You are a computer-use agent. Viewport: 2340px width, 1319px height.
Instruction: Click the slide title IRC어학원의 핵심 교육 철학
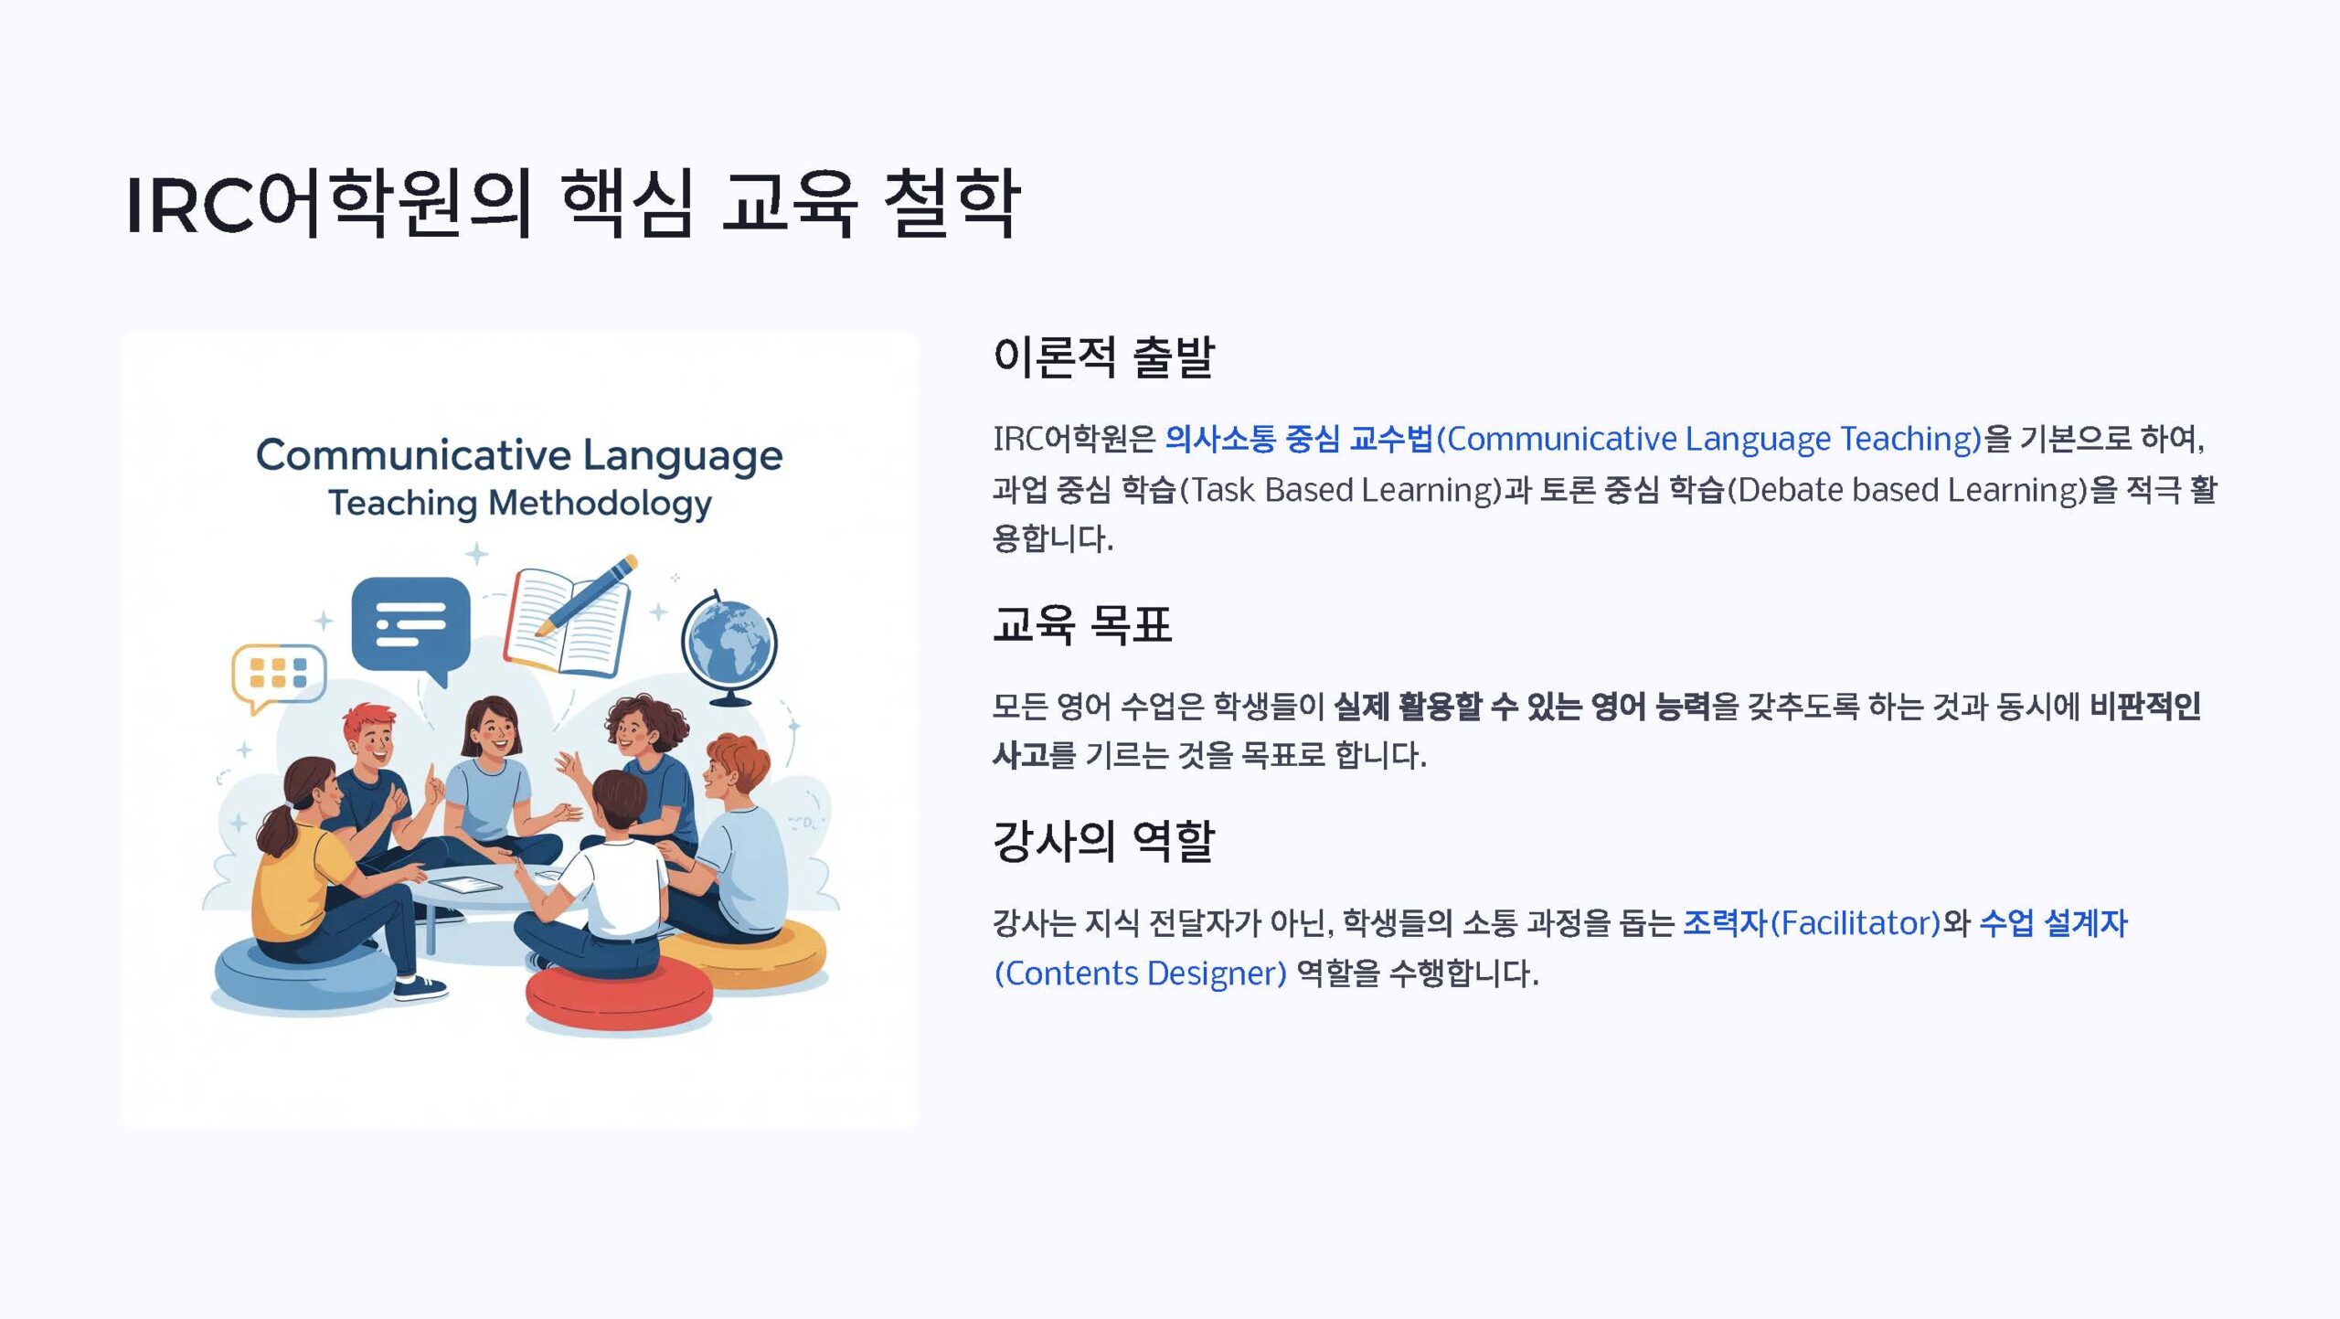(572, 203)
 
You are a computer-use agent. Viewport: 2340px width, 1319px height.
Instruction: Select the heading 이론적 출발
(1103, 356)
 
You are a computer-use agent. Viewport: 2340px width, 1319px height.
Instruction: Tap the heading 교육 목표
(1082, 625)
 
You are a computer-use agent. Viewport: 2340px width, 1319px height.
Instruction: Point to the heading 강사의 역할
(1103, 841)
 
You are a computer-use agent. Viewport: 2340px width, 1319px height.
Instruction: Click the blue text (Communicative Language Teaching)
(1708, 440)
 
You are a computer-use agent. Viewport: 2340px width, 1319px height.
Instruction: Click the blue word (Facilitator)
(1855, 923)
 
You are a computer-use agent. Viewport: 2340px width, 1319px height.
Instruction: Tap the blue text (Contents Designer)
(1140, 973)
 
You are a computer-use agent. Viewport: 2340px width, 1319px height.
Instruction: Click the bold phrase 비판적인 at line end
(2144, 706)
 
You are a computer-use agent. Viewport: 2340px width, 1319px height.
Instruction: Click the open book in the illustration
(566, 623)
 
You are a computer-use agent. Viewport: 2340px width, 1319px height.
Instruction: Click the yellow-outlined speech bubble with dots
(278, 676)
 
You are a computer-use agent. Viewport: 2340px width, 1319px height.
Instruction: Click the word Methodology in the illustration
(600, 505)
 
